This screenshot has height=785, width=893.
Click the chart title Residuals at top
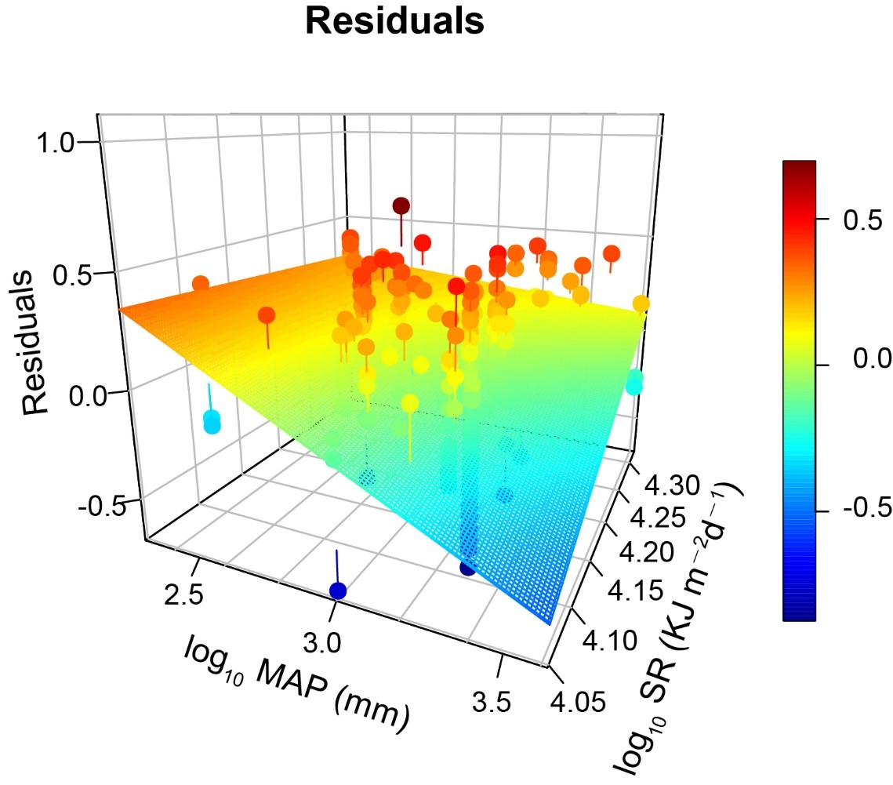[395, 21]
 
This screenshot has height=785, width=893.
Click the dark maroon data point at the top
[401, 206]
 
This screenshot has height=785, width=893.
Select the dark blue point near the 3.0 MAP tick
[337, 590]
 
